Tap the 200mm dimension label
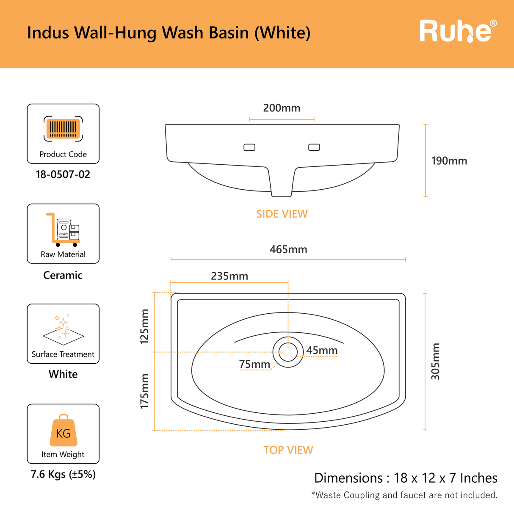click(x=282, y=108)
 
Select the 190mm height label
click(x=449, y=161)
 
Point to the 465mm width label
click(x=288, y=249)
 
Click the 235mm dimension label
click(x=229, y=276)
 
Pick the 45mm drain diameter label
click(x=322, y=351)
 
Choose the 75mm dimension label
click(x=254, y=364)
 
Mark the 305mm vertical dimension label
click(x=435, y=361)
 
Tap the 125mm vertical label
click(x=145, y=326)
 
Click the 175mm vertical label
click(x=145, y=391)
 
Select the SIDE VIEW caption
click(x=282, y=214)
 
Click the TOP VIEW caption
click(x=288, y=450)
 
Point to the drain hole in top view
click(x=288, y=352)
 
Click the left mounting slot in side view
click(x=249, y=147)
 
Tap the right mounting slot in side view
click(x=314, y=147)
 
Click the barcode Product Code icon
click(x=63, y=128)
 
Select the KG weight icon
click(x=64, y=431)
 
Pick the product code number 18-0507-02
click(x=63, y=174)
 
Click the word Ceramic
click(x=63, y=275)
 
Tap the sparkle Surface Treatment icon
click(x=63, y=328)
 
